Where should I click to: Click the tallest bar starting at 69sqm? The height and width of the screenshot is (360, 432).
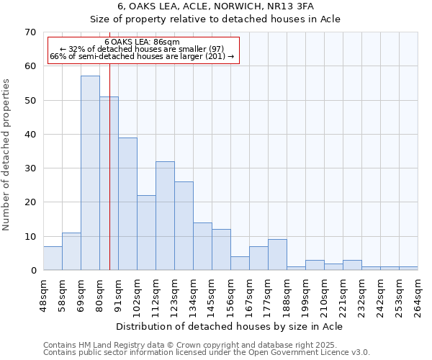click(90, 173)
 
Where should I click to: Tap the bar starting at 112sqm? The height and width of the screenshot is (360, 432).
click(165, 216)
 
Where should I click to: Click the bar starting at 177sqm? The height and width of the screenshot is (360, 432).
click(277, 255)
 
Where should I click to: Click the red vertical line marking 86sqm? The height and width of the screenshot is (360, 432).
click(109, 144)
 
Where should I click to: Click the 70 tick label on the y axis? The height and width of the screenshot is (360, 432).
click(30, 32)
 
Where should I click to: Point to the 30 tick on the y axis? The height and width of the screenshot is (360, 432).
click(30, 168)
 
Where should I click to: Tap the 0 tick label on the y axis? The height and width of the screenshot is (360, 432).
click(32, 271)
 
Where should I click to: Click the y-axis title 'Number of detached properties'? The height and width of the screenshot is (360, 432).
click(6, 155)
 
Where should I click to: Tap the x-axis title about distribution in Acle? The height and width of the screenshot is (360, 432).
click(230, 326)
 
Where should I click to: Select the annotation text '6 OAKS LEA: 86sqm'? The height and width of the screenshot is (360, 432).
click(142, 42)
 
